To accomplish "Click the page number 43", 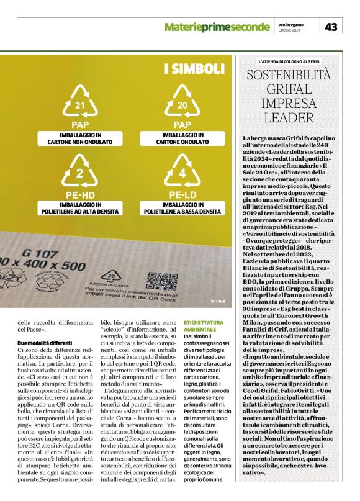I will click(x=331, y=27).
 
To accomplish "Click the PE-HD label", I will click(x=79, y=196).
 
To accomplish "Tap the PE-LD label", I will click(x=182, y=196).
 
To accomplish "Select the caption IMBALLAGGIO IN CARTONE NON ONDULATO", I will click(x=79, y=138).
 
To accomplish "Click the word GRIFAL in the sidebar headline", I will click(x=289, y=90).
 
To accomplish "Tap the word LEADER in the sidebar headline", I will click(x=289, y=117).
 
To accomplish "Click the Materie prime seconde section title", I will click(x=217, y=27).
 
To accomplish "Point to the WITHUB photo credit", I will click(x=218, y=300).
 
